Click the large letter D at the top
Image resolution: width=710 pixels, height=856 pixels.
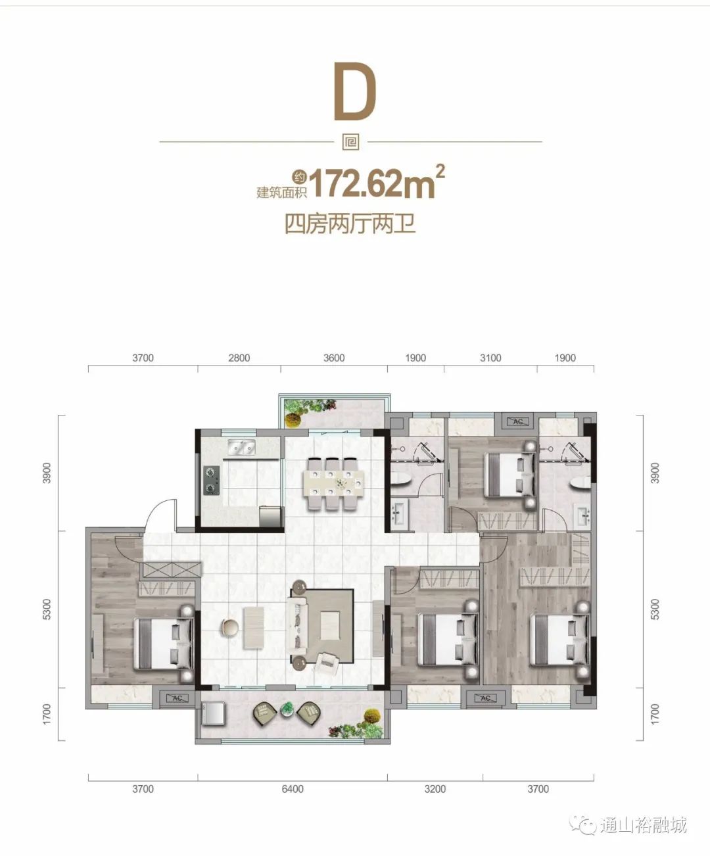pos(355,91)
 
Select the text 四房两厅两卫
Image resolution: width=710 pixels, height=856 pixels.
pos(350,224)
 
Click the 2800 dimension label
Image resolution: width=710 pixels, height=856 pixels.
pos(239,358)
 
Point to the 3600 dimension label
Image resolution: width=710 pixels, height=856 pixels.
pos(334,358)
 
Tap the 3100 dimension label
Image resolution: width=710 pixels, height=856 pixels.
pos(490,358)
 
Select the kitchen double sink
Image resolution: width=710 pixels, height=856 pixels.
pos(242,447)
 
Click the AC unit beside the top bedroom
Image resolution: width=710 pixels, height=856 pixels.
pos(517,421)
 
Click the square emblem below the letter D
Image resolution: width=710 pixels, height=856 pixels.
pos(351,142)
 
